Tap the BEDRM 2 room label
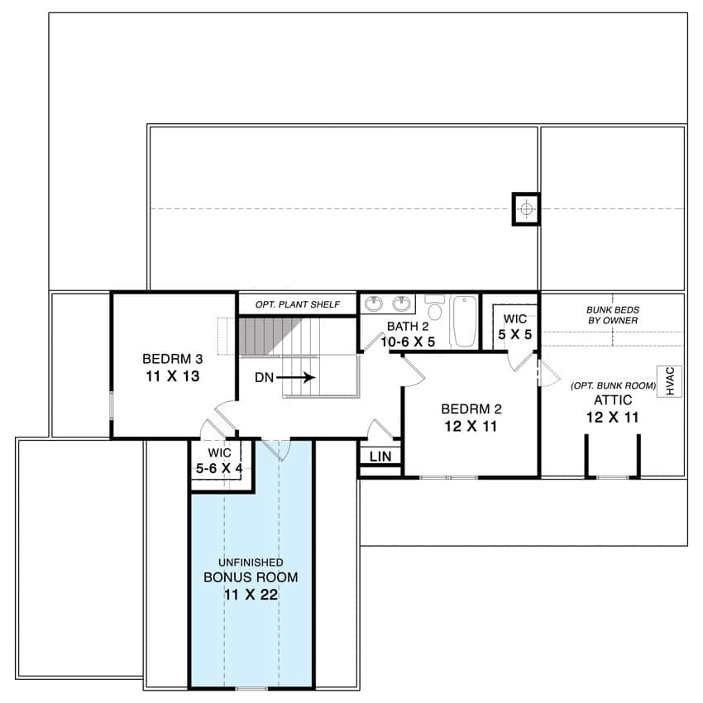[x=471, y=409]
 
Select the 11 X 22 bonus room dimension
[x=251, y=595]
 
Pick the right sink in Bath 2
[x=403, y=303]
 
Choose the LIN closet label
[x=380, y=457]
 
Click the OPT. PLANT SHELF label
[x=297, y=304]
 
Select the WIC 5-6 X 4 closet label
[x=219, y=461]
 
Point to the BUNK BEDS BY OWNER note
[x=614, y=314]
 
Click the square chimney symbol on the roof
[x=525, y=209]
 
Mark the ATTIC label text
[x=613, y=400]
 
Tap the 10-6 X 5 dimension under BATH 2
[x=408, y=341]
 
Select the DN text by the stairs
[x=264, y=377]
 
